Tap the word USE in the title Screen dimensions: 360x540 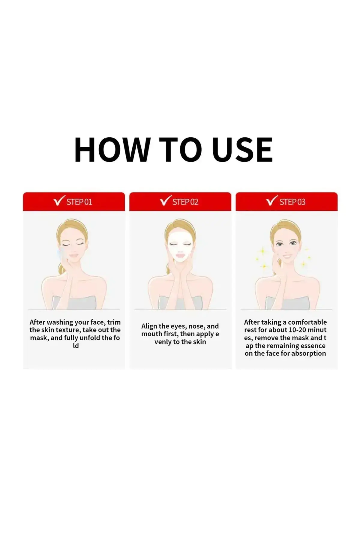tap(242, 150)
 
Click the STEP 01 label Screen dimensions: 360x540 tap(79, 202)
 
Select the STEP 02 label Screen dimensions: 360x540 tap(185, 202)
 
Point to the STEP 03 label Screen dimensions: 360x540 tap(292, 202)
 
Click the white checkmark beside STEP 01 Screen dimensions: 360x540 tap(59, 200)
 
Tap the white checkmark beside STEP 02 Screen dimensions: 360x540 tap(166, 200)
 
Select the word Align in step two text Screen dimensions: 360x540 tap(149, 326)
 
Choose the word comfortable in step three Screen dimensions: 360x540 tap(307, 322)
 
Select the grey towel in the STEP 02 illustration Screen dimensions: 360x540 tap(180, 303)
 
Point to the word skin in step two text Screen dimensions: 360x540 tap(199, 342)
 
